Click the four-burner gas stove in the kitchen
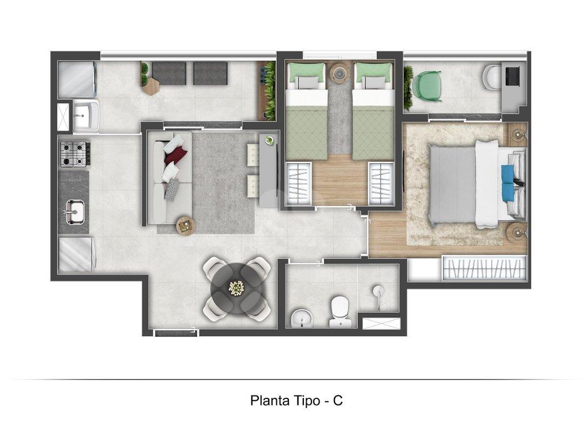pyautogui.click(x=74, y=153)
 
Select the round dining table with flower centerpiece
pyautogui.click(x=236, y=287)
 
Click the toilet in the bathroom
pyautogui.click(x=340, y=312)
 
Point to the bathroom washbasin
pyautogui.click(x=301, y=320)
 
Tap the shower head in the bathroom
pyautogui.click(x=378, y=291)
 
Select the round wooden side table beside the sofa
pyautogui.click(x=185, y=225)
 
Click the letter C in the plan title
pyautogui.click(x=337, y=400)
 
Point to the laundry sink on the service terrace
pyautogui.click(x=85, y=115)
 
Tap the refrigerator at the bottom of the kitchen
pyautogui.click(x=77, y=255)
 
